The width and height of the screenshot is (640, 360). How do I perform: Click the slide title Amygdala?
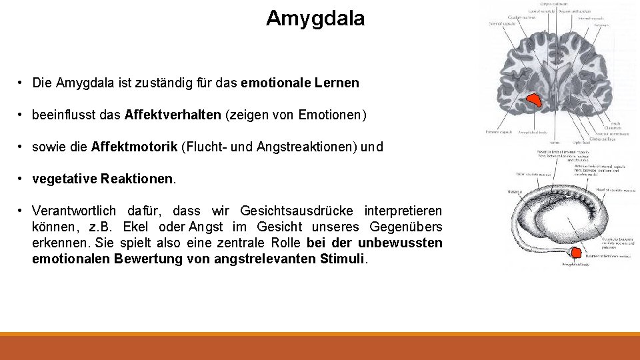(315, 19)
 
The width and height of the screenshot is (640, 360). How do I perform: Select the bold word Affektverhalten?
(173, 115)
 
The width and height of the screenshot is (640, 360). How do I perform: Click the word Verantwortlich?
(73, 211)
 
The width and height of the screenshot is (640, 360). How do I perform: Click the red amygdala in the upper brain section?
(534, 100)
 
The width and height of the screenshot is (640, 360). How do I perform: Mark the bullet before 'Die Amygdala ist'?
(21, 83)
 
